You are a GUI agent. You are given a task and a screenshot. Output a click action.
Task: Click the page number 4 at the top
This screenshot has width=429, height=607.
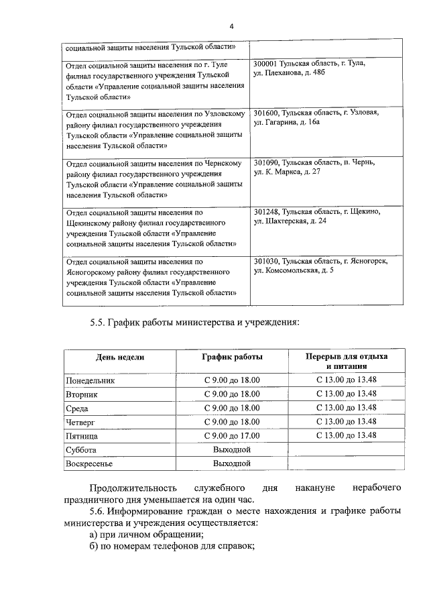(231, 27)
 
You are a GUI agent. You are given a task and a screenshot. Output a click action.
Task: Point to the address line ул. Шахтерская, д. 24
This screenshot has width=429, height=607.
(290, 221)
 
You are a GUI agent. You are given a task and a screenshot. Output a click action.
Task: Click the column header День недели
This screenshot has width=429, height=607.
(119, 357)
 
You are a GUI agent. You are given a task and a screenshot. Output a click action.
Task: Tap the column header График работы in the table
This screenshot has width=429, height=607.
(232, 357)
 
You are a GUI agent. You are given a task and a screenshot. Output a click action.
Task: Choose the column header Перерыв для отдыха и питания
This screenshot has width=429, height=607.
(347, 362)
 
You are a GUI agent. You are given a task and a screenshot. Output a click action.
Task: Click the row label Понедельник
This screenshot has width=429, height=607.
(90, 380)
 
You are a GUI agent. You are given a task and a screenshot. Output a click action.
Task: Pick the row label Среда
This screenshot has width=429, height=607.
(77, 408)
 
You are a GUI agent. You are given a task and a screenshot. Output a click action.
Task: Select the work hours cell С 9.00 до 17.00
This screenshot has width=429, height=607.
(232, 435)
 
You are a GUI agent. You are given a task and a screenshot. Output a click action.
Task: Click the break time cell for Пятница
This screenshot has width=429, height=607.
(347, 435)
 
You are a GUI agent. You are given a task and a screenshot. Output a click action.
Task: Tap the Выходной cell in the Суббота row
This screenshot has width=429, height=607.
(232, 449)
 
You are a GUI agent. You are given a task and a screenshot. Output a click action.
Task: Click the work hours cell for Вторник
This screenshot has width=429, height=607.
(232, 394)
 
